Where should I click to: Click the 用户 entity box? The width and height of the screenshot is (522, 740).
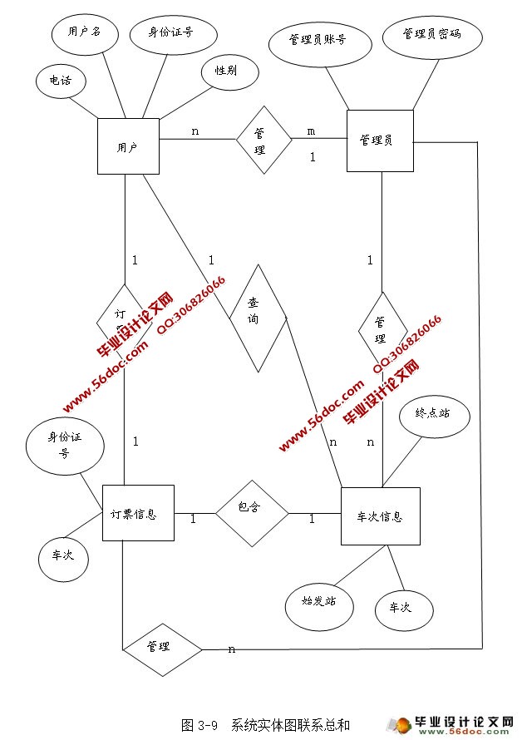coord(127,146)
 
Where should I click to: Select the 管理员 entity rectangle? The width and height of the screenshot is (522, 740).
coord(379,141)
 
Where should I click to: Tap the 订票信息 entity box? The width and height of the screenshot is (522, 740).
coord(137,514)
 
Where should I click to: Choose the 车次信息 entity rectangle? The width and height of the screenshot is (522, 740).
coord(380,516)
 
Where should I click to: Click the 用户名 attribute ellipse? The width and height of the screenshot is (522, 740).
coord(83,32)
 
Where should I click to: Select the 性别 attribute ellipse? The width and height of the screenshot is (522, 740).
coord(225,71)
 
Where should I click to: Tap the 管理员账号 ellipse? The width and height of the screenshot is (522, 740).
coord(318,39)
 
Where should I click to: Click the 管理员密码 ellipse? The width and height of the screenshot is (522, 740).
coord(431,35)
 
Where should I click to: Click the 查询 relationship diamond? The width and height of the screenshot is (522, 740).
coord(258,318)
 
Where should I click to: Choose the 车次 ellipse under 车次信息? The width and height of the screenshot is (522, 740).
coord(405,608)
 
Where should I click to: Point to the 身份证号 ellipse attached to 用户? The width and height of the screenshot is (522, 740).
coord(172,33)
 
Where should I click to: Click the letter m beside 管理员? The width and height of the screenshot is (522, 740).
coord(311,131)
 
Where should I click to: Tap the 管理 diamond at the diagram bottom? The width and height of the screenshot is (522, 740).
coord(162,646)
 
